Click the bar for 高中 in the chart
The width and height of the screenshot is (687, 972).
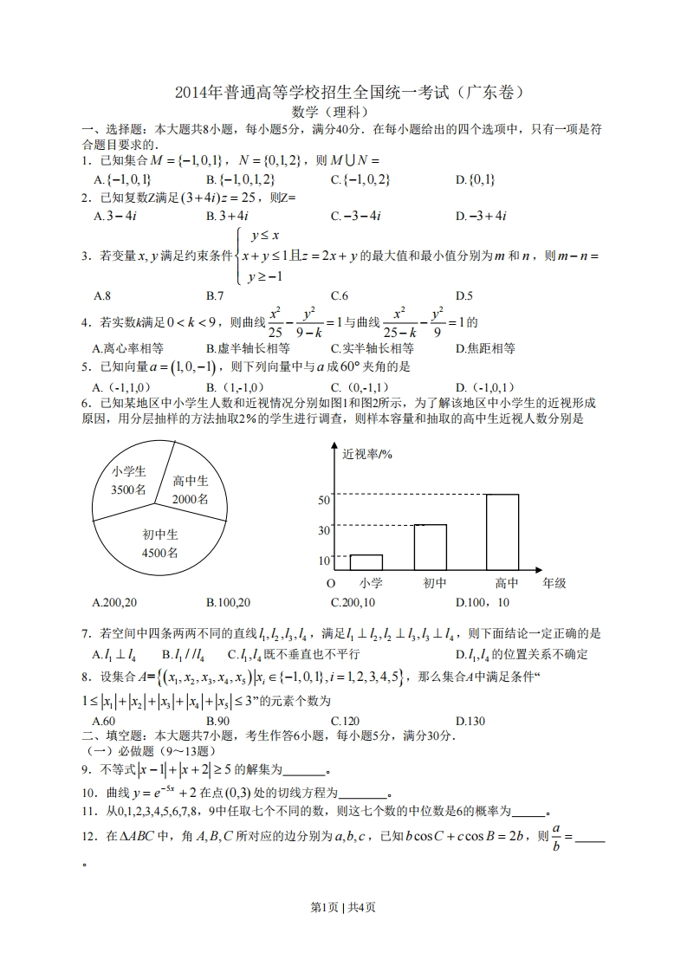(x=502, y=532)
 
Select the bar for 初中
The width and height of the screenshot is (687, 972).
(x=430, y=547)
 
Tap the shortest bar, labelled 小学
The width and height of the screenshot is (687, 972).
(x=366, y=562)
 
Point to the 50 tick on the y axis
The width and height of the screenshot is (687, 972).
(x=325, y=500)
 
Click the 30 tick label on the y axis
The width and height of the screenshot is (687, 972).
(x=325, y=530)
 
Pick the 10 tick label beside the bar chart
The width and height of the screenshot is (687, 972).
(x=325, y=561)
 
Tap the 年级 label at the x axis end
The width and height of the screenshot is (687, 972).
(x=554, y=583)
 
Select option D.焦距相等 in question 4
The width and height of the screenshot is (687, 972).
(x=485, y=348)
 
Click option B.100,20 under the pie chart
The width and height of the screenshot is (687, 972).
(x=229, y=602)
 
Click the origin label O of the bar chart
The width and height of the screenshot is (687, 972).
(x=329, y=583)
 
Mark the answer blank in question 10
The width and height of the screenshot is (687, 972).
(x=363, y=792)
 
